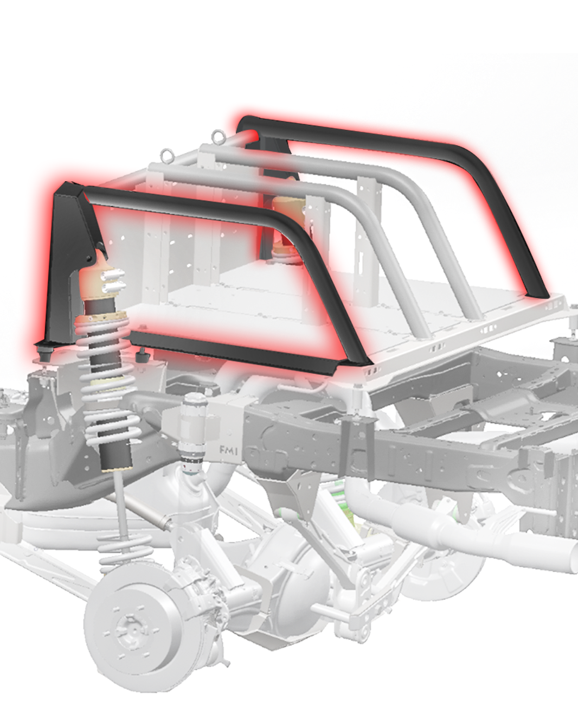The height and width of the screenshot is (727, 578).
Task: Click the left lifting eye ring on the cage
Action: pos(166,158)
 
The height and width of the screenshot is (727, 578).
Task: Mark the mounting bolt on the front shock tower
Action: pos(89,254)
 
